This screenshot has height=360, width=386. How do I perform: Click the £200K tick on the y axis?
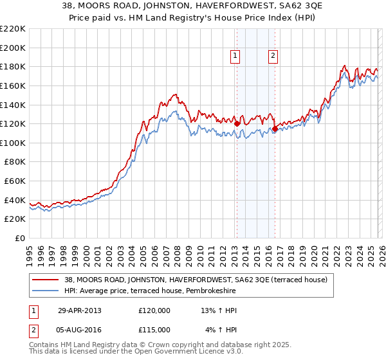tap(13, 48)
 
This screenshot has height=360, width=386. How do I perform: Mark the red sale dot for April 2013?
tap(237, 124)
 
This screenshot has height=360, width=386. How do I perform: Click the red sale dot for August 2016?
tap(275, 129)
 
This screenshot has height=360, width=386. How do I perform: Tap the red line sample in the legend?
tap(47, 280)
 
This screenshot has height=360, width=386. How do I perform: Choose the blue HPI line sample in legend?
tap(47, 291)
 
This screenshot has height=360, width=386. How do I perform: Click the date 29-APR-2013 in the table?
tap(79, 310)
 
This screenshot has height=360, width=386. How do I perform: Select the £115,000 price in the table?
tap(154, 329)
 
